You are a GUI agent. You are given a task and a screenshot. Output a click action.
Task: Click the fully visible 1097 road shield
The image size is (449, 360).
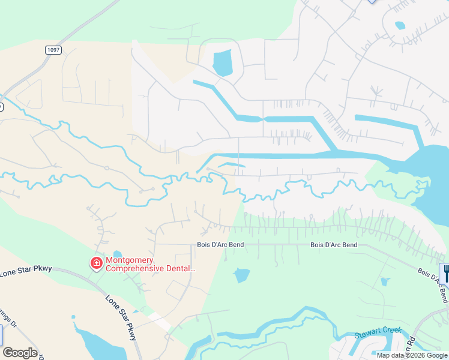point(53,50)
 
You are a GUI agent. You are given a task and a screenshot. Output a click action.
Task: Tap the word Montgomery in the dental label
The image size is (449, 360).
point(130,260)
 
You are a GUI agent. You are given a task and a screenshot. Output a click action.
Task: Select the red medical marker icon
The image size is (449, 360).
point(96,263)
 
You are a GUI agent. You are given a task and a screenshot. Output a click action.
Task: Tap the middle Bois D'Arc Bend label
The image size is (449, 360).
point(333,245)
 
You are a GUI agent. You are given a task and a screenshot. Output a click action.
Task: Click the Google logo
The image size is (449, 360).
point(20,353)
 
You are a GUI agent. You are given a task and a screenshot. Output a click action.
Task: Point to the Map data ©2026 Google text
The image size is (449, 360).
point(412,355)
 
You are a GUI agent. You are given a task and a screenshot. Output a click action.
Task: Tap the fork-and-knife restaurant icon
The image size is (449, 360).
point(446,272)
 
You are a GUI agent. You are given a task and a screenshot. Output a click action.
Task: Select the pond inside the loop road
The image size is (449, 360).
point(222,62)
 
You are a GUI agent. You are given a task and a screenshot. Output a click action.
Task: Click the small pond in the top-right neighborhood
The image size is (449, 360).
point(400,25)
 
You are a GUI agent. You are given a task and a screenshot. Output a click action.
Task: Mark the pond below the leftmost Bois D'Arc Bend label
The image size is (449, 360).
point(241,275)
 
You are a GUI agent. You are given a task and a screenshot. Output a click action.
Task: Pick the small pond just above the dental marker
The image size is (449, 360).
point(117,254)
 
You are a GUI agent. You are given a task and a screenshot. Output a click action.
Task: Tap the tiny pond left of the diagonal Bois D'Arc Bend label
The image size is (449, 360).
point(385,281)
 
